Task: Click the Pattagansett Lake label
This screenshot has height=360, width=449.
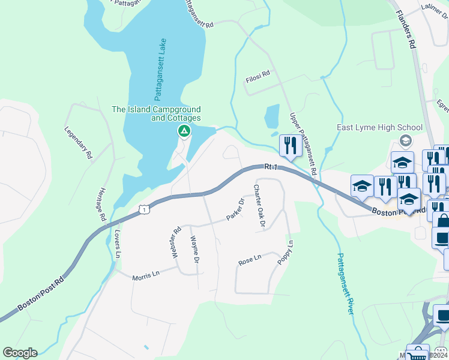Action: [x=161, y=70]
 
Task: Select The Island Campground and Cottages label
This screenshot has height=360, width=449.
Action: [x=156, y=114]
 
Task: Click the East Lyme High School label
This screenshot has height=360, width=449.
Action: [x=380, y=127]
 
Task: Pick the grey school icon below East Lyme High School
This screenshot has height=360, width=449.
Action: [x=405, y=140]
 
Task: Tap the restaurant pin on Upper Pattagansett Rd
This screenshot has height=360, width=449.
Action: [x=291, y=146]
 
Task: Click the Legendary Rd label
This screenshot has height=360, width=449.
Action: [x=79, y=143]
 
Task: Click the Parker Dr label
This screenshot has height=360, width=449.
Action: [x=235, y=210]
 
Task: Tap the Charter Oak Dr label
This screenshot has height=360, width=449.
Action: [x=259, y=206]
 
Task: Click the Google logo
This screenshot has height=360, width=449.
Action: [x=20, y=353]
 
